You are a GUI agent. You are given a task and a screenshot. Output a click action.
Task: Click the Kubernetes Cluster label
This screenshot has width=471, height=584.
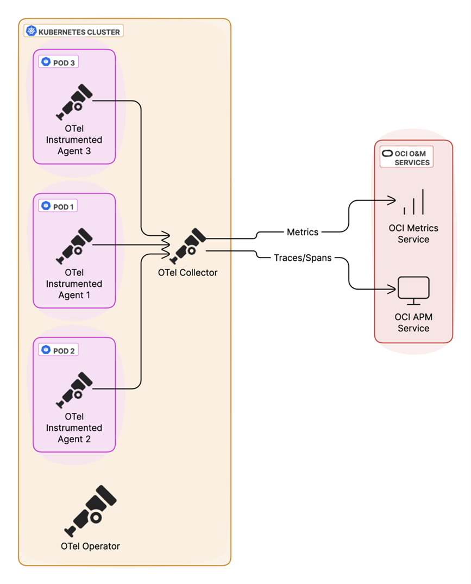(x=74, y=32)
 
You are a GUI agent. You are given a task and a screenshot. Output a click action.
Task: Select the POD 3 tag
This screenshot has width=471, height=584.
(x=59, y=62)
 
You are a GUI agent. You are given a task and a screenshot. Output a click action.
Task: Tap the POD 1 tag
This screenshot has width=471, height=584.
(x=59, y=206)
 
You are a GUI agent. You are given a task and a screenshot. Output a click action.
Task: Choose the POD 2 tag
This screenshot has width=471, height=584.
(x=59, y=350)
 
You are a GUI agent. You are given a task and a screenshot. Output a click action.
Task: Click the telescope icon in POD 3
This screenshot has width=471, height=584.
(x=74, y=102)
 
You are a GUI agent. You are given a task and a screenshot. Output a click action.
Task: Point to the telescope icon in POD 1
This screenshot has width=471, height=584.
(x=74, y=246)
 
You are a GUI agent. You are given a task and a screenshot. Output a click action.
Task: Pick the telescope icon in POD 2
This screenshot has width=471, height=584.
(x=74, y=390)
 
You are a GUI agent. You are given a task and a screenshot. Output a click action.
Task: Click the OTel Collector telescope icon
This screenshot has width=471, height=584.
(x=188, y=246)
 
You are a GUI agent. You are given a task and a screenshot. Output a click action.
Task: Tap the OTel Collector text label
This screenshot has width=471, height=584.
(x=188, y=273)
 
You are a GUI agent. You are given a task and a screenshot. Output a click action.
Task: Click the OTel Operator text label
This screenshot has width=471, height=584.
(x=90, y=546)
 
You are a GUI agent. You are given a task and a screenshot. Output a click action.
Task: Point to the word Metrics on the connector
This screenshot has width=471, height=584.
(x=303, y=232)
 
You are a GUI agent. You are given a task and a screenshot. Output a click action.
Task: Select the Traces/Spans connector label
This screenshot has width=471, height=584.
(x=303, y=258)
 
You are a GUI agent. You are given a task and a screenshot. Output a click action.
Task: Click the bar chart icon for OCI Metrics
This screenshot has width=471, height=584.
(x=413, y=203)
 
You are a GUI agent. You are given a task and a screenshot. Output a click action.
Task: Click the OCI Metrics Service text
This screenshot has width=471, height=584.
(x=413, y=234)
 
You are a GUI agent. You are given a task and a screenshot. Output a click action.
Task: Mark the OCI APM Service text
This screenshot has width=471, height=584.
(x=413, y=323)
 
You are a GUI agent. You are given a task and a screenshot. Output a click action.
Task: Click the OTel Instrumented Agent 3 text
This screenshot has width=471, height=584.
(x=74, y=140)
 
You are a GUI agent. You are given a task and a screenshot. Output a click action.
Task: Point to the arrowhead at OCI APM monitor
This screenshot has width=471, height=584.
(x=392, y=288)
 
